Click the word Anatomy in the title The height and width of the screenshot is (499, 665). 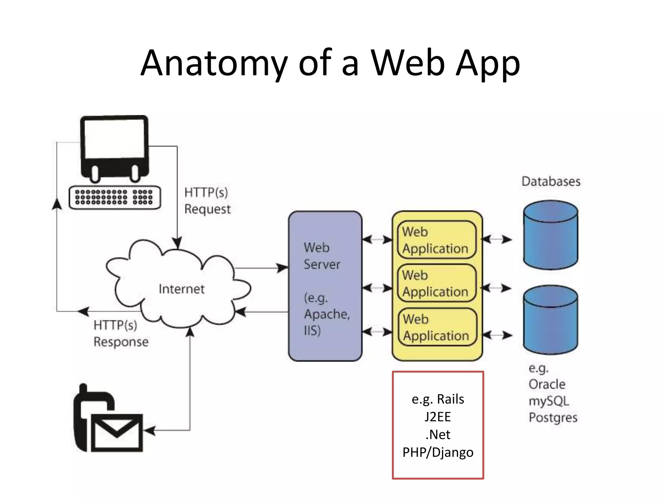[214, 63]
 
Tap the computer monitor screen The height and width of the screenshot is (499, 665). [114, 138]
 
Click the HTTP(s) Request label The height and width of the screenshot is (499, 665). [207, 201]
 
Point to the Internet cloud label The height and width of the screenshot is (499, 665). [182, 289]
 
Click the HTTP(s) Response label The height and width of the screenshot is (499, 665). [121, 333]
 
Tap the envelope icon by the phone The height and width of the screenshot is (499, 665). [117, 432]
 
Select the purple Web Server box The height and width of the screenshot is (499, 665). [325, 286]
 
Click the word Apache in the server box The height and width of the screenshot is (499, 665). [326, 314]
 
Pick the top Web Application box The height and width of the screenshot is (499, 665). [437, 240]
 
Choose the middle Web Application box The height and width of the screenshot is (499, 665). [437, 283]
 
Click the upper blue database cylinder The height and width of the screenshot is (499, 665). [550, 235]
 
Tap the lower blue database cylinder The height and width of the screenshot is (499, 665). [550, 320]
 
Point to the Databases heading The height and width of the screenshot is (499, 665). [551, 181]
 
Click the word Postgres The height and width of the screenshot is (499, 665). [553, 417]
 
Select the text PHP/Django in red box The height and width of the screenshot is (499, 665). [438, 452]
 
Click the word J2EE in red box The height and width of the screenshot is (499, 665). [438, 417]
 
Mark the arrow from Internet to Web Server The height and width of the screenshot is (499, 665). [261, 268]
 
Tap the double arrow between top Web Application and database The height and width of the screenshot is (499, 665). [496, 240]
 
